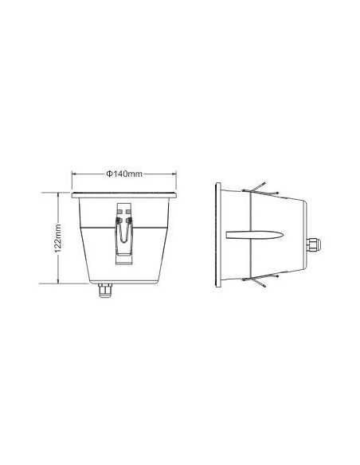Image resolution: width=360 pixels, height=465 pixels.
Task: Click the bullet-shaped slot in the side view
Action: point(254,236)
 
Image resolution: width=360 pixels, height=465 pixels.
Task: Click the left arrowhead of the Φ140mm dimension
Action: point(75,174)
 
